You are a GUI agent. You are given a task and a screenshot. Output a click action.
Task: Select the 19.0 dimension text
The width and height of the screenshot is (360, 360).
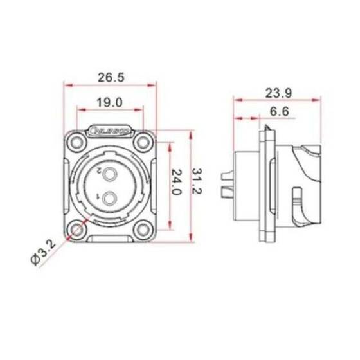[111, 102]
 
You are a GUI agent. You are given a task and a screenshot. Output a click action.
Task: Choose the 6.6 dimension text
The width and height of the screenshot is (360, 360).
[278, 113]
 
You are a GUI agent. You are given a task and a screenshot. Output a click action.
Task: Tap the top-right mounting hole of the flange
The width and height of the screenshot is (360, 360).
[143, 142]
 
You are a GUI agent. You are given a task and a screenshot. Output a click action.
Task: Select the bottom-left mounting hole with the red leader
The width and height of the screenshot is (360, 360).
[78, 228]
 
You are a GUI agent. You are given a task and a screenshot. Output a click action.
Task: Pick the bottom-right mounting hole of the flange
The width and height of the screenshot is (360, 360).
[143, 228]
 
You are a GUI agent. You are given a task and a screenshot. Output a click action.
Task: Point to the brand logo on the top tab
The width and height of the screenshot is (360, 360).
[111, 130]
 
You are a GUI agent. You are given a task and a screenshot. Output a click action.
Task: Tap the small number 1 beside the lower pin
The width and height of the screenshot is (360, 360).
[98, 195]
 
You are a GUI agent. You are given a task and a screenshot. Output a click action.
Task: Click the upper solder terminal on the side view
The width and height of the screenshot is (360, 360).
[226, 175]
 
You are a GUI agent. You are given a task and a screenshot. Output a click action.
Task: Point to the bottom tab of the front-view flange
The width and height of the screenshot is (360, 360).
[111, 242]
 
